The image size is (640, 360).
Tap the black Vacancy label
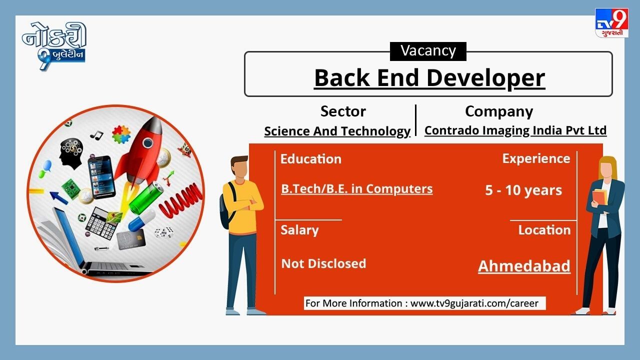[428, 51]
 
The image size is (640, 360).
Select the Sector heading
[343, 111]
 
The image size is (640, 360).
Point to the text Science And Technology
[337, 131]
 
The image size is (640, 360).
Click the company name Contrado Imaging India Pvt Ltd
[515, 130]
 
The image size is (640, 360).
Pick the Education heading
[311, 159]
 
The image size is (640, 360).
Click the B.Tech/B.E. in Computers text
[357, 189]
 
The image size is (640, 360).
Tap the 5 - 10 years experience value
[523, 190]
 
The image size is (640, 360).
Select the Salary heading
[299, 230]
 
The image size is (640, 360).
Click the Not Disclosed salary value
[323, 263]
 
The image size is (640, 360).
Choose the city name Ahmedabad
[524, 266]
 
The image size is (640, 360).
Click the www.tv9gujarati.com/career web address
[474, 303]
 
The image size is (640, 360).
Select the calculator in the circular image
[101, 223]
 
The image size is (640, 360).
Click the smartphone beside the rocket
[101, 177]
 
